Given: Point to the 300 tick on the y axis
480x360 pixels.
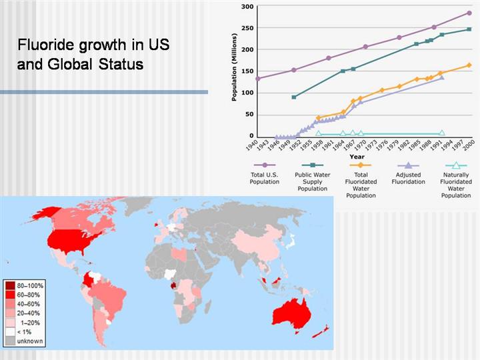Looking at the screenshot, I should [247, 7].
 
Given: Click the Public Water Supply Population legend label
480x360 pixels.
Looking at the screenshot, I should [312, 181].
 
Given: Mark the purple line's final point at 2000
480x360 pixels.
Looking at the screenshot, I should [469, 13].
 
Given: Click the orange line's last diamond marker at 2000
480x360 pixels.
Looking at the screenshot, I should [469, 65].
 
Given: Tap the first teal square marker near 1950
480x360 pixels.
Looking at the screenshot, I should [294, 97].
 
